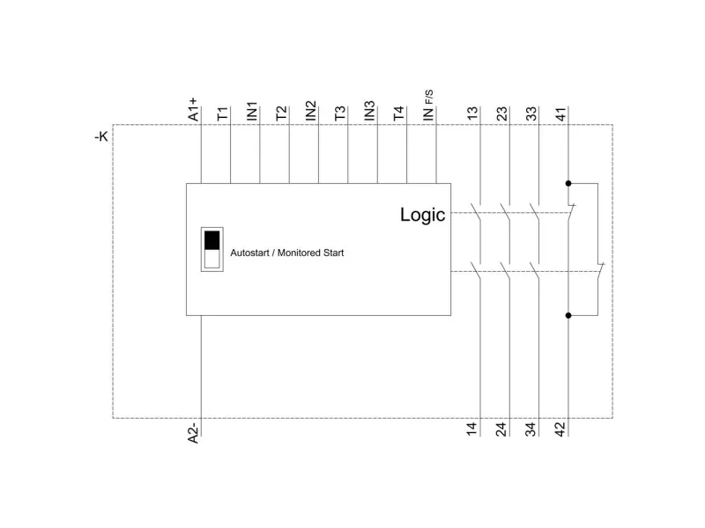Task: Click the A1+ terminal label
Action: [x=194, y=110]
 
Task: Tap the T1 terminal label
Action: [x=223, y=114]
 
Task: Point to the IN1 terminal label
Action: [x=252, y=111]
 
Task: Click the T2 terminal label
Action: [x=281, y=114]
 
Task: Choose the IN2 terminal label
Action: [x=310, y=111]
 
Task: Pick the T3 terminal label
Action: [x=340, y=114]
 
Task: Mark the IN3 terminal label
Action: [x=369, y=111]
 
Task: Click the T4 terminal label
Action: [x=398, y=114]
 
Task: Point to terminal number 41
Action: [x=560, y=114]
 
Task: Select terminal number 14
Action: [x=472, y=429]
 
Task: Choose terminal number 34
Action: [x=531, y=429]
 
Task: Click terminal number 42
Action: [x=560, y=429]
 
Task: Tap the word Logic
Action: [x=423, y=215]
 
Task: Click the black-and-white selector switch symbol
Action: [x=211, y=251]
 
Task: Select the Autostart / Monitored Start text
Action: [x=287, y=253]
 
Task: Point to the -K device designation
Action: [x=101, y=137]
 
